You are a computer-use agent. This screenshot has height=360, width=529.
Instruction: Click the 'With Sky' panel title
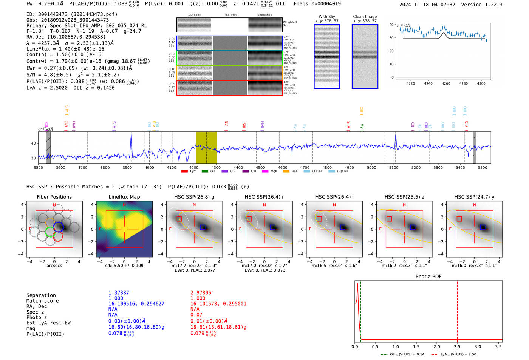tap(327, 17)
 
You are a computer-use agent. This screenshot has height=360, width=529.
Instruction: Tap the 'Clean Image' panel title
tap(365, 17)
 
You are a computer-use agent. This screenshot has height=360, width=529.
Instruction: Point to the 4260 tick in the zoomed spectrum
tap(446, 83)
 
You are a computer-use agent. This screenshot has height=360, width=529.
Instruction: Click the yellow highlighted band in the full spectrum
tap(206, 147)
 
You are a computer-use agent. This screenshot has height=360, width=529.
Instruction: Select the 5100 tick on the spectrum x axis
tap(394, 168)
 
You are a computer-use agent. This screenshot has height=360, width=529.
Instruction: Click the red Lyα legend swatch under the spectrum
tap(184, 172)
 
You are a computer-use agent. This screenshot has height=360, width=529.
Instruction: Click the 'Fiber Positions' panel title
tap(54, 197)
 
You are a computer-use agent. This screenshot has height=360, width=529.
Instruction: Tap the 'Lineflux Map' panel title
tap(124, 197)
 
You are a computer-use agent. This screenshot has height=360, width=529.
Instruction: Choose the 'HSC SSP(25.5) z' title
tap(404, 197)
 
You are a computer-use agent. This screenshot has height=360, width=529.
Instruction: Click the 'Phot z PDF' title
tap(428, 277)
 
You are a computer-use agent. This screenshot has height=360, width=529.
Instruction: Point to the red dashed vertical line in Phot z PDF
tap(458, 310)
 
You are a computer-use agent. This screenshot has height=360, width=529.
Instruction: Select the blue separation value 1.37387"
tap(120, 293)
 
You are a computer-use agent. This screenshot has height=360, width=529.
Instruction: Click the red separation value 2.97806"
tap(202, 293)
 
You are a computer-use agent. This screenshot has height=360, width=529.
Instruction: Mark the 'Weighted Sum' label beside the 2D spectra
tap(290, 24)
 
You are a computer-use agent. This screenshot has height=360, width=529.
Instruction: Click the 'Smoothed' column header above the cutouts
tap(264, 15)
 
